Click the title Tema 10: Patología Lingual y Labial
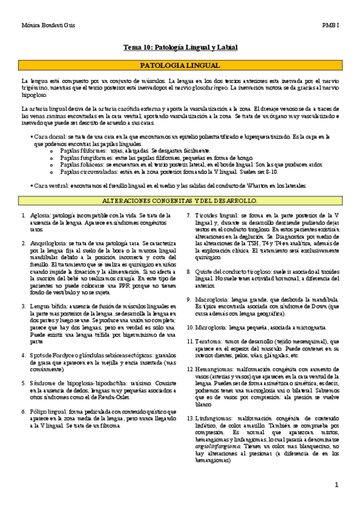(180, 47)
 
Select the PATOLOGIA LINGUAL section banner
(180, 65)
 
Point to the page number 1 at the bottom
(337, 485)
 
